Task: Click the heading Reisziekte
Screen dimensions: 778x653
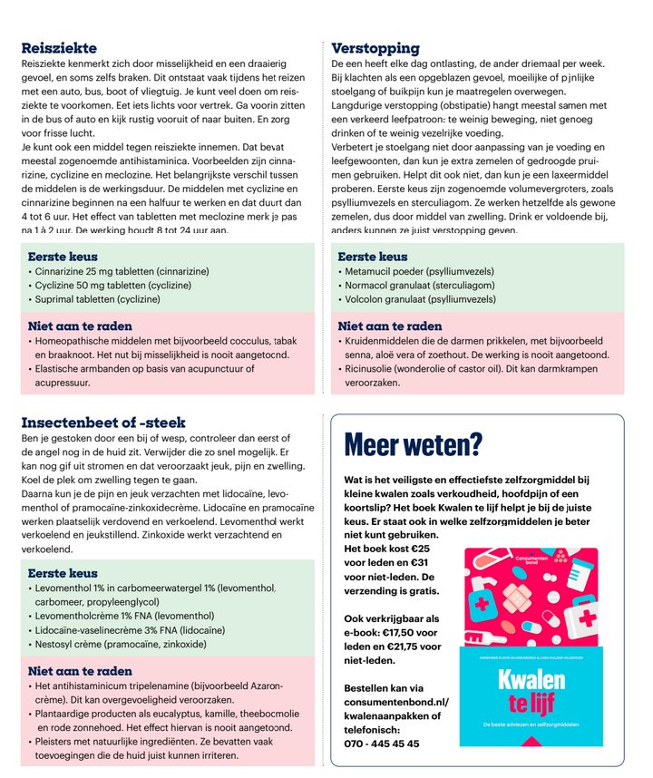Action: [59, 48]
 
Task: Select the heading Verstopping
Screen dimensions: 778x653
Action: [375, 48]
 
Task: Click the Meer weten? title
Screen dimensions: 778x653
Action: [414, 444]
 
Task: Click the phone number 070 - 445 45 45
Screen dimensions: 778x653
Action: [382, 743]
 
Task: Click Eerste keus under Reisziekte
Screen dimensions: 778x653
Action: [63, 257]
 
